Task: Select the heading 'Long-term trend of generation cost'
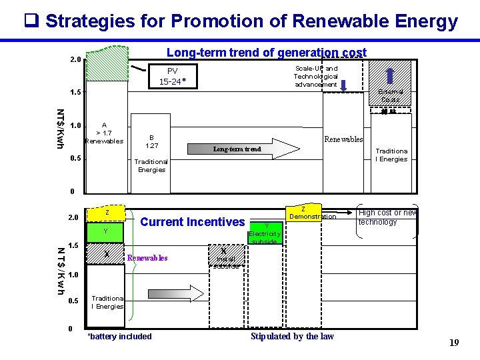point(266,53)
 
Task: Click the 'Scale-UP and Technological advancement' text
point(316,77)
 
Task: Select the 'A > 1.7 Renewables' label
point(104,133)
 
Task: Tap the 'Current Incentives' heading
point(193,222)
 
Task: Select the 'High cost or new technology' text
point(387,217)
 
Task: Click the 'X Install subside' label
point(224,259)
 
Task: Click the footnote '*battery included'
point(120,336)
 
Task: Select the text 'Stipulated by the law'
point(292,336)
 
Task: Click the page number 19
point(454,343)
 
